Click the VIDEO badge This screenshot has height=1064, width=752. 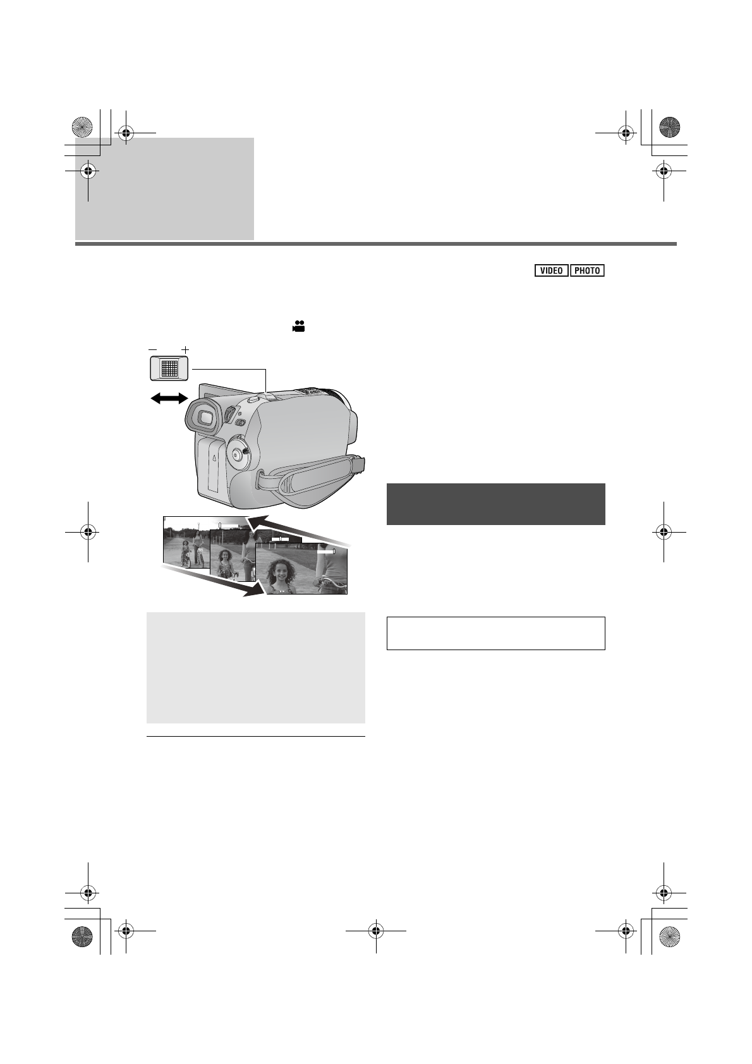tap(551, 271)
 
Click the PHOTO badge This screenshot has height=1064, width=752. tap(587, 271)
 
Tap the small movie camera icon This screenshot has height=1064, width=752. tap(299, 326)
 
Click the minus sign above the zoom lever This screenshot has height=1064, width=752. tap(153, 349)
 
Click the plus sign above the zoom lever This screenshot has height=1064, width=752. tap(185, 349)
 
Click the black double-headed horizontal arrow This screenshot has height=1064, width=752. tap(169, 399)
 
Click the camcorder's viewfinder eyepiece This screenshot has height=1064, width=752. tap(203, 417)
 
